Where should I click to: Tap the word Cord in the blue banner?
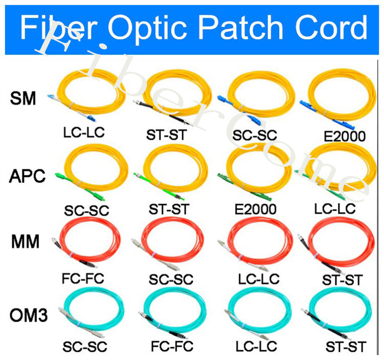point(331,28)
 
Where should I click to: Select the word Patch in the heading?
point(241,28)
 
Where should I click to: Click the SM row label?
point(23,98)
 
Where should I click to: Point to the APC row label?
point(27,176)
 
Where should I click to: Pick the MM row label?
point(25,241)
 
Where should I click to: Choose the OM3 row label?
point(29,315)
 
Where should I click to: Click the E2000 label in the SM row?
point(345,137)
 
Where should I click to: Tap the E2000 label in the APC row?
point(255,209)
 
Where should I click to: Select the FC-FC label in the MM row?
point(83,279)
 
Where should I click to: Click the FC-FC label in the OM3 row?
point(172,346)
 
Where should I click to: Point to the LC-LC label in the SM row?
point(84,132)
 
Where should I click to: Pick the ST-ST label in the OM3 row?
point(346,347)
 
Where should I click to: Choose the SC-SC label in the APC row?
point(87,211)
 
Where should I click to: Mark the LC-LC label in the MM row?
point(259,279)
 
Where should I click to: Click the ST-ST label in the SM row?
point(166,135)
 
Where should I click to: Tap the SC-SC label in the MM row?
point(171,280)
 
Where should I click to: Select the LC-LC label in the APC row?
point(335,209)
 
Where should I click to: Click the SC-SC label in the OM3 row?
point(84,347)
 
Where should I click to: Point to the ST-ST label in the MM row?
point(342,280)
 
